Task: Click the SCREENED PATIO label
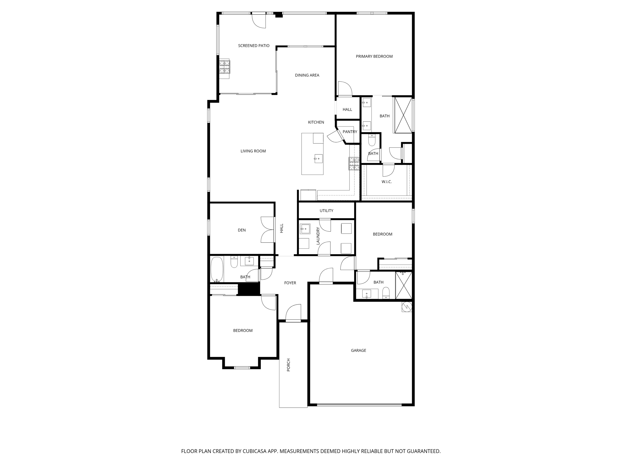[x=254, y=46]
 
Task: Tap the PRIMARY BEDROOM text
[x=374, y=56]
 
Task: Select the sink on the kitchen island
[x=318, y=158]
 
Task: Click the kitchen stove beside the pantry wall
[x=354, y=163]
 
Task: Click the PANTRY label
[x=350, y=132]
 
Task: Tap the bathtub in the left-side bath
[x=217, y=269]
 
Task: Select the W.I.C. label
[x=387, y=182]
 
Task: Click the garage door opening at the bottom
[x=359, y=405]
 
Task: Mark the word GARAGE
[x=358, y=350]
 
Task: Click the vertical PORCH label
[x=289, y=365]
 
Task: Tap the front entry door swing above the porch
[x=293, y=313]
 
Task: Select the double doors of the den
[x=268, y=230]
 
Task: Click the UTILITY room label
[x=326, y=210]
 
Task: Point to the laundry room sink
[x=305, y=228]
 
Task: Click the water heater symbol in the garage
[x=407, y=307]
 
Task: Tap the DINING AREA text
[x=307, y=75]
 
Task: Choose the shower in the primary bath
[x=403, y=115]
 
